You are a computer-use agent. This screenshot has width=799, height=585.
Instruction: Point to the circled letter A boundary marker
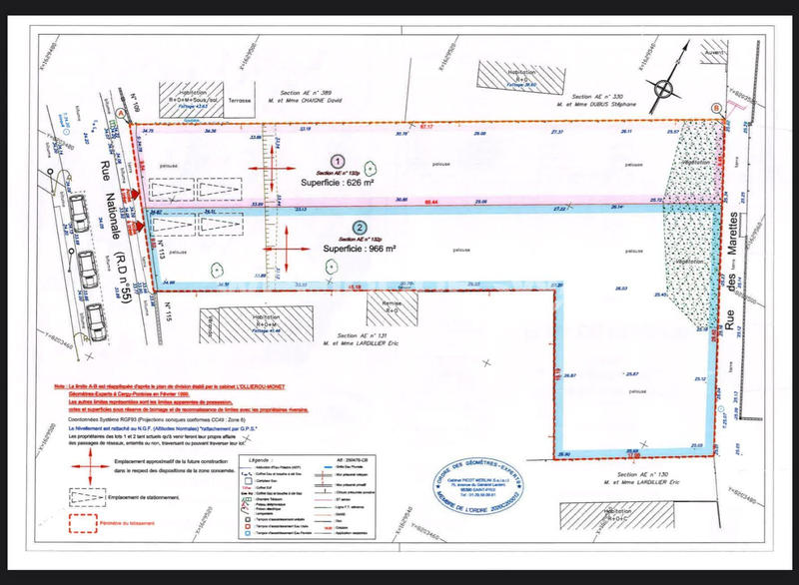(122, 115)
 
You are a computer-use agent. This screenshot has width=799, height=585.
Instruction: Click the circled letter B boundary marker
(715, 108)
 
